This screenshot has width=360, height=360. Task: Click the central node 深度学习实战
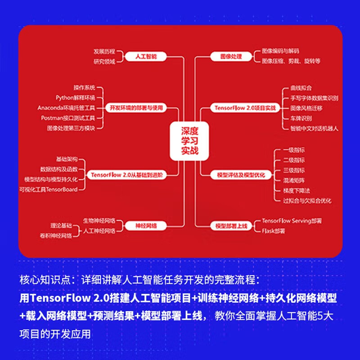pyautogui.click(x=189, y=140)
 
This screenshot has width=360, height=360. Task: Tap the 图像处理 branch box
pyautogui.click(x=231, y=57)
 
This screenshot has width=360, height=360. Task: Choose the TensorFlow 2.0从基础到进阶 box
pyautogui.click(x=127, y=174)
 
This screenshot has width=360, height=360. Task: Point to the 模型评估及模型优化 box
pyautogui.click(x=241, y=174)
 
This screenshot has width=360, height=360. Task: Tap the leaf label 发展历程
pyautogui.click(x=104, y=51)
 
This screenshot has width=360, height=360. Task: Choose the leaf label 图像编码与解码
pyautogui.click(x=280, y=51)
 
